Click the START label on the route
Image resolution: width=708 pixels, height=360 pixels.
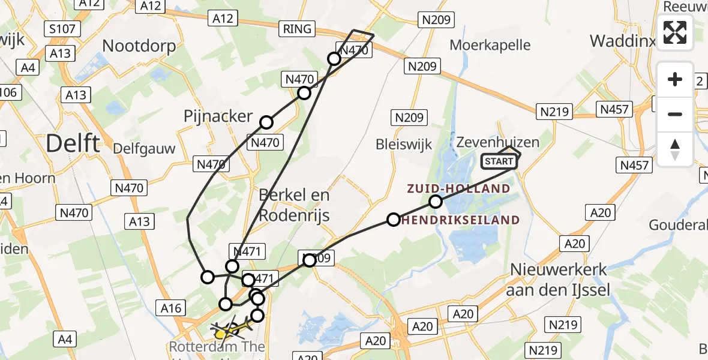(x=499, y=161)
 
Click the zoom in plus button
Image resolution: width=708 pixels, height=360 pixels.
(x=675, y=79)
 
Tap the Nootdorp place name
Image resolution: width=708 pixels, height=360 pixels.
(x=139, y=46)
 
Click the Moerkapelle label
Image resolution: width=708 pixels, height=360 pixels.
(x=490, y=44)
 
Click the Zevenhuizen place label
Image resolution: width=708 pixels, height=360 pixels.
(x=497, y=142)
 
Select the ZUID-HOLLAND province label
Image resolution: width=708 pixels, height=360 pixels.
(x=458, y=189)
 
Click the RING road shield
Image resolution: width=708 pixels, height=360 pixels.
(x=298, y=28)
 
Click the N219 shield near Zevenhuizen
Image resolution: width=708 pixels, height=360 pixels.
(x=556, y=111)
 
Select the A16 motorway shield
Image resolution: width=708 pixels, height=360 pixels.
(x=170, y=308)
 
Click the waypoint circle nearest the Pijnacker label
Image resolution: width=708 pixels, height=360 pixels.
(x=266, y=122)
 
